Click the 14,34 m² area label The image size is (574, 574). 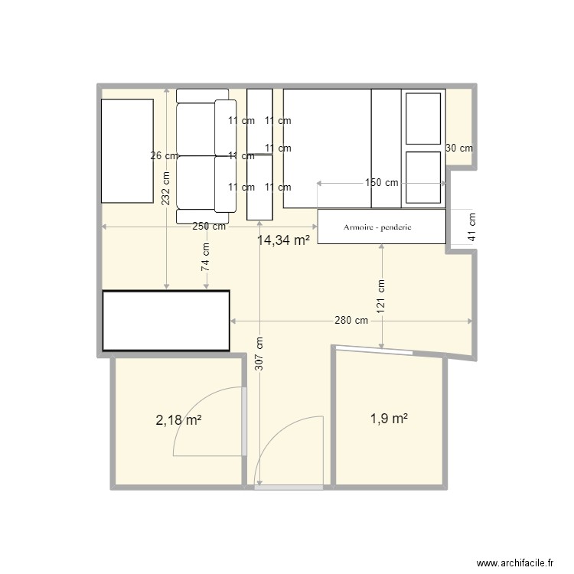pyautogui.click(x=283, y=240)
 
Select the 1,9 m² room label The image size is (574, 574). pyautogui.click(x=389, y=419)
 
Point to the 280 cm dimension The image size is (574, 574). pyautogui.click(x=351, y=321)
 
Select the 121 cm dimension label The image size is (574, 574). pyautogui.click(x=381, y=295)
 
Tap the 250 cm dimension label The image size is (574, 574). pyautogui.click(x=209, y=227)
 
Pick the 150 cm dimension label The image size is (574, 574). pyautogui.click(x=381, y=183)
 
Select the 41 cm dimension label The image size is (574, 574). pyautogui.click(x=471, y=227)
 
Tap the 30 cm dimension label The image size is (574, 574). pyautogui.click(x=459, y=148)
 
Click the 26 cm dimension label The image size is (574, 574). pyautogui.click(x=165, y=155)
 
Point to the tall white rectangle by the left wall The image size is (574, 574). pyautogui.click(x=128, y=150)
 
